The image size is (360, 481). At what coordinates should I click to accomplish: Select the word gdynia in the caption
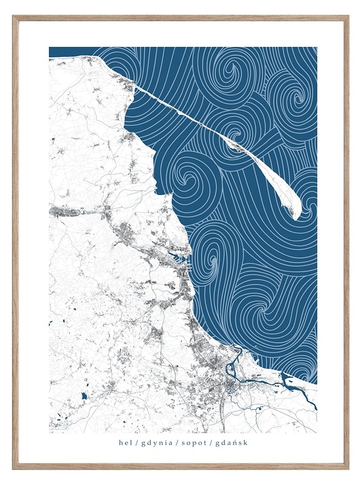coord(156,442)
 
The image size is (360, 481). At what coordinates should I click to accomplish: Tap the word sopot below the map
coord(194,442)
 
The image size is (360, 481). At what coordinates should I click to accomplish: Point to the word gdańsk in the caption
coord(232,442)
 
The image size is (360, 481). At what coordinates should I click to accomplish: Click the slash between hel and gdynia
coord(136,442)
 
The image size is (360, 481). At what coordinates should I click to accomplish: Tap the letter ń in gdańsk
coord(235,442)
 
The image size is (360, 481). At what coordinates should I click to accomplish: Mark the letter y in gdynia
coord(152,443)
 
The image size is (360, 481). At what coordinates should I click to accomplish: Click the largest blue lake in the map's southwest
coord(84,395)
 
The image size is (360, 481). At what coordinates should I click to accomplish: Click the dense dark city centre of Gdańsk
coord(232,386)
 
